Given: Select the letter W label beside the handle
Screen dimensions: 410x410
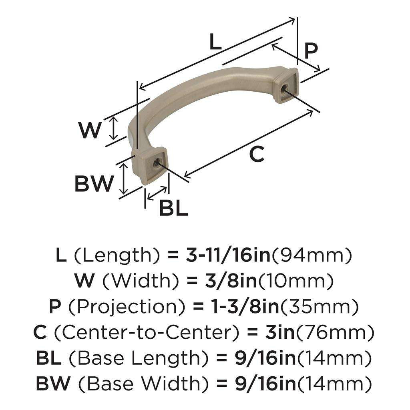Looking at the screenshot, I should (89, 130).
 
